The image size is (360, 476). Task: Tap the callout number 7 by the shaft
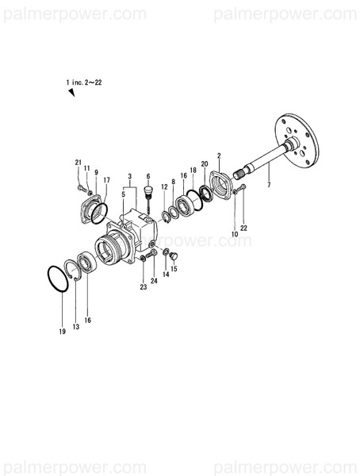269,186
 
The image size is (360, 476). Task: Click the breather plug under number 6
147,194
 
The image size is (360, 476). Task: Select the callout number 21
79,163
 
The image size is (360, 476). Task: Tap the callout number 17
106,180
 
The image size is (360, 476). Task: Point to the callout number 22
244,228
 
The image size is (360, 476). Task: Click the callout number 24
155,279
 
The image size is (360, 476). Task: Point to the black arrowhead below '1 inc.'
71,94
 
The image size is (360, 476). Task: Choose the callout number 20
205,163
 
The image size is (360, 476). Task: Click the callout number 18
193,171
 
